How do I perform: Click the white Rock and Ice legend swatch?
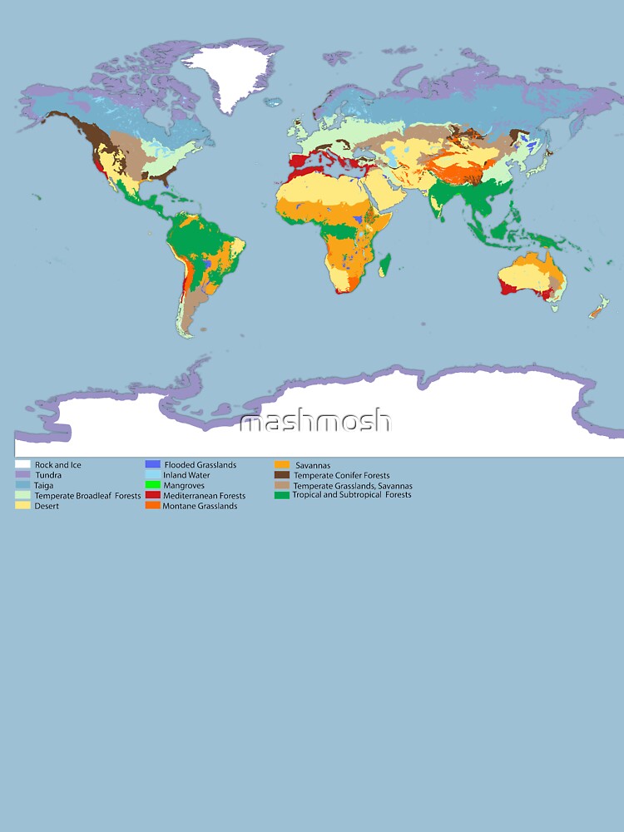coord(22,464)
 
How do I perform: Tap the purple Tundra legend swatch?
coord(22,475)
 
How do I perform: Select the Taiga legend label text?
coord(44,485)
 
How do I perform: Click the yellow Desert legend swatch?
coord(22,506)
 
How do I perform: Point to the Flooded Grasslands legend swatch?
coord(152,464)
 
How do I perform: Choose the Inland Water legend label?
coord(186,475)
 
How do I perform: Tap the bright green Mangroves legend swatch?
coord(152,485)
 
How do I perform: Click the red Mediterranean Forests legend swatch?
coord(152,496)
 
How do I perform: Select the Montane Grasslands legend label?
coord(200,506)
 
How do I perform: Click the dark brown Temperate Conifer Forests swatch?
coord(282,475)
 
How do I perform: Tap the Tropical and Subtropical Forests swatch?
coord(282,495)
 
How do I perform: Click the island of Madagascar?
coord(384,265)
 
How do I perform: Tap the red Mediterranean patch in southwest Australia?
coord(505,288)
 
